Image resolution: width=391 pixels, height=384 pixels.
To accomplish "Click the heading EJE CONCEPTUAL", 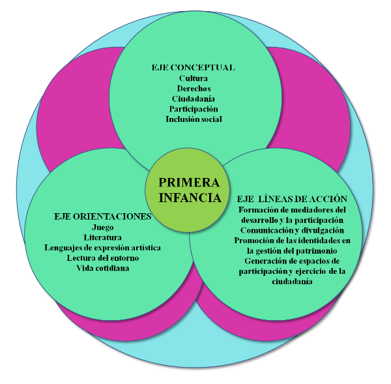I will (x=193, y=67).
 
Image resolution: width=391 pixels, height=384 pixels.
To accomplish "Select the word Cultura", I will (x=193, y=78).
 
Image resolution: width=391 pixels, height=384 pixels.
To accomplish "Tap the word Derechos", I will (x=194, y=88).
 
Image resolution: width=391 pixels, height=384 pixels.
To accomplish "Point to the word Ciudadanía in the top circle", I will (x=194, y=98).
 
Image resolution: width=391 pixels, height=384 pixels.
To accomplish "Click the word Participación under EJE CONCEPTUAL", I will (x=194, y=109).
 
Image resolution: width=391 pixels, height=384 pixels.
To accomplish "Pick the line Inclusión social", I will (x=194, y=119).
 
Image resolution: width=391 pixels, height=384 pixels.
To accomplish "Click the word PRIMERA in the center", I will (x=190, y=183).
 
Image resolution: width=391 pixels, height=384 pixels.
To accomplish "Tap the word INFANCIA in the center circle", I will (x=190, y=197).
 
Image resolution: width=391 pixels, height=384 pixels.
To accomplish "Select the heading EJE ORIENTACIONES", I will (x=102, y=216).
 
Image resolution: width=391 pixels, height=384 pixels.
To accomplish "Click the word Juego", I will (x=103, y=228).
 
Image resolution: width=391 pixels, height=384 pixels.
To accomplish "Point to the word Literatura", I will (x=103, y=237).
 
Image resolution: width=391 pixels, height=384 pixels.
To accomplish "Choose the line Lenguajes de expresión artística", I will (x=103, y=248).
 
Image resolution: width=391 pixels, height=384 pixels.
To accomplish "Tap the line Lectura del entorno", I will (x=103, y=258).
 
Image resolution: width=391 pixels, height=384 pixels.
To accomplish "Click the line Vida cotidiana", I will (x=103, y=269).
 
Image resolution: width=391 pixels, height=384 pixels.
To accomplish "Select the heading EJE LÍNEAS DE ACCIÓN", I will (x=291, y=199).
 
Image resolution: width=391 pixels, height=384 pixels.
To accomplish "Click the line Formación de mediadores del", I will (x=291, y=209).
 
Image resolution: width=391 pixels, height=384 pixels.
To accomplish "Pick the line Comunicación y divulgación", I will (x=291, y=230).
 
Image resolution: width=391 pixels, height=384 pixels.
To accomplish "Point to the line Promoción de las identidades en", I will (x=291, y=241).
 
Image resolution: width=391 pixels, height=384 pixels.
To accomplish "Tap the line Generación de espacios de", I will (x=291, y=261).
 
